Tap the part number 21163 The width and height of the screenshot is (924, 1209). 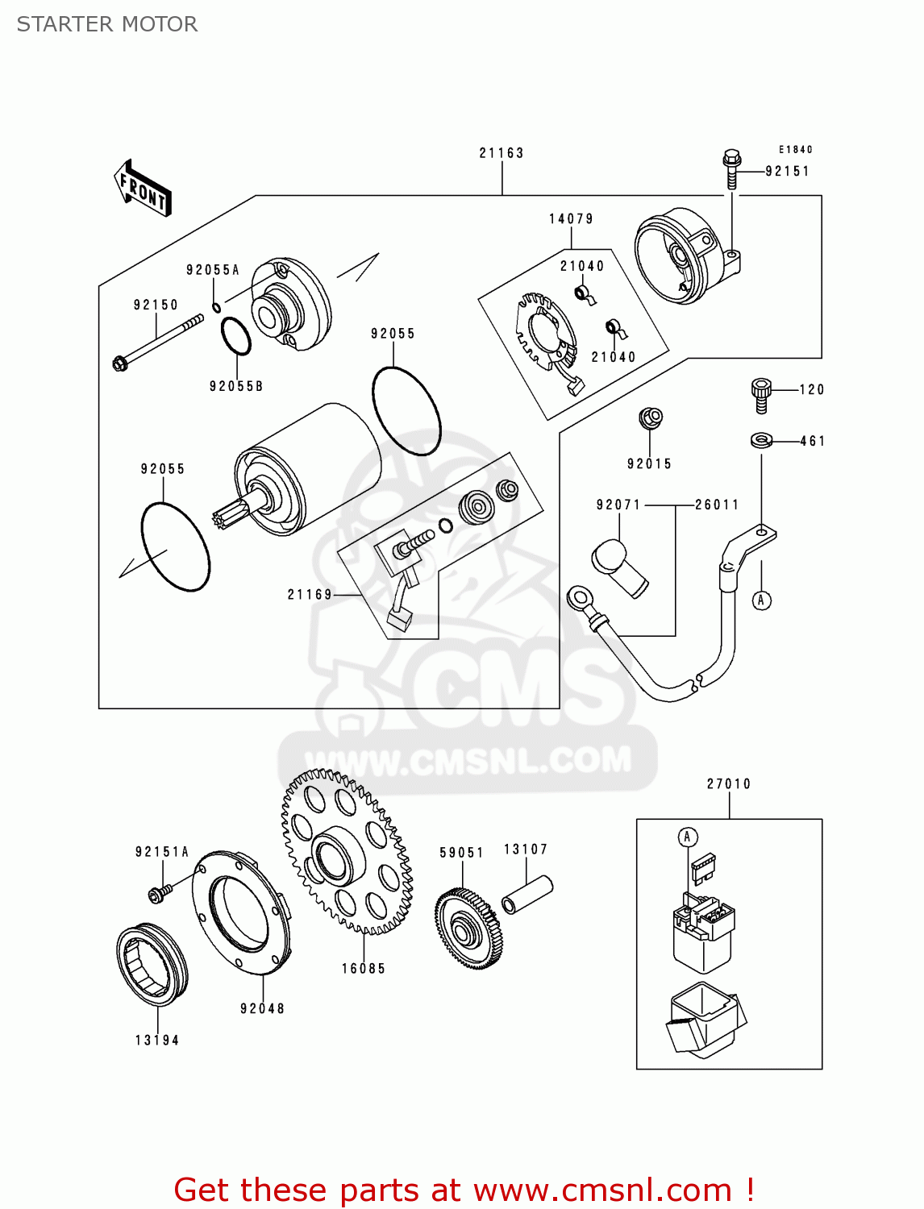click(x=502, y=153)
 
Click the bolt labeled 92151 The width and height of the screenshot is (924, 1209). click(x=732, y=168)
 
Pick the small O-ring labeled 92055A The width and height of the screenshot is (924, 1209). click(x=217, y=307)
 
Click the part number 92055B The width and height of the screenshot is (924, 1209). click(x=236, y=386)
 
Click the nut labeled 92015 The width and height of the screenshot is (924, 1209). click(x=650, y=418)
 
